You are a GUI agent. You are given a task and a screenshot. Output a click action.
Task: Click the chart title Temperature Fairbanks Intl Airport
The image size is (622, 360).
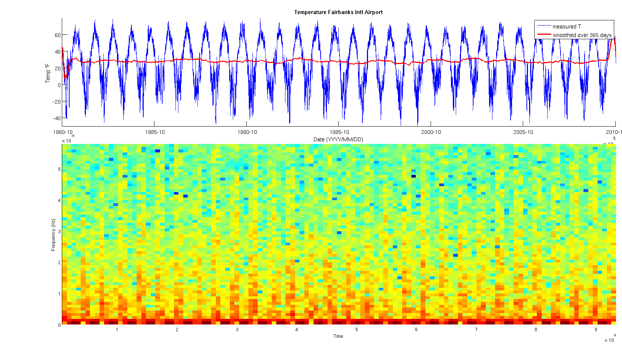click(338, 12)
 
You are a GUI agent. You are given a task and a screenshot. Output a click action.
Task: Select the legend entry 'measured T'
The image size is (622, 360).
click(566, 27)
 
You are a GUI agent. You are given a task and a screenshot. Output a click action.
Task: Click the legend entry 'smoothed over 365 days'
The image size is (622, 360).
click(582, 35)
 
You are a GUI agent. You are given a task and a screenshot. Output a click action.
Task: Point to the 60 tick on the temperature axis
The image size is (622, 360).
click(57, 35)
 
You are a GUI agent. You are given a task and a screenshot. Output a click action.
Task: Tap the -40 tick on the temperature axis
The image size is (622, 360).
click(56, 118)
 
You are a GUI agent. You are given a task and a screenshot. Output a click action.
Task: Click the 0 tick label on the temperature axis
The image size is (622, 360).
click(59, 85)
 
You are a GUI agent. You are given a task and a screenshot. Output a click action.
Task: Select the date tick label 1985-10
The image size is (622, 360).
click(155, 132)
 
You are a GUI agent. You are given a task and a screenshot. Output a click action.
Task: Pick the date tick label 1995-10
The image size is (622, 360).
click(339, 132)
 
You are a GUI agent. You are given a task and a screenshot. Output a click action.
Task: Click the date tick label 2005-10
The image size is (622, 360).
click(523, 132)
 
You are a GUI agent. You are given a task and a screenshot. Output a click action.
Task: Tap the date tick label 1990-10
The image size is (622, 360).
click(247, 132)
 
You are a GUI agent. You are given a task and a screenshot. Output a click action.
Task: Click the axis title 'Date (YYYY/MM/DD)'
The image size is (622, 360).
click(338, 139)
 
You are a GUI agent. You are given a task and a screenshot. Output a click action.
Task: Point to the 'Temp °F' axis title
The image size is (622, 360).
click(48, 73)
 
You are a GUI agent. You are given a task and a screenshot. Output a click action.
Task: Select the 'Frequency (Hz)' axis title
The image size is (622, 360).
click(53, 235)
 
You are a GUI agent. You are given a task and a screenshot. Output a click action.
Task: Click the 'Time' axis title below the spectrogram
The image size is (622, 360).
click(338, 336)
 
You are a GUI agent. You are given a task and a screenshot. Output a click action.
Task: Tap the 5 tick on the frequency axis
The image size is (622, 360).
click(59, 169)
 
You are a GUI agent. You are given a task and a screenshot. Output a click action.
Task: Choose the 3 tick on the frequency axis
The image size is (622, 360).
click(59, 232)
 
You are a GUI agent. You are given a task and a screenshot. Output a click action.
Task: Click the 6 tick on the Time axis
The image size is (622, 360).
click(416, 330)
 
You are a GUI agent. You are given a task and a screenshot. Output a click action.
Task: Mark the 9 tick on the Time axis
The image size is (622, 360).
click(596, 330)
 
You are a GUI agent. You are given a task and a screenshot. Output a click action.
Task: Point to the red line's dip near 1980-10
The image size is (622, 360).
click(65, 77)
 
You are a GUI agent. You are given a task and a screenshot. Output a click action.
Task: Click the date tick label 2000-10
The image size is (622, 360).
click(431, 132)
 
